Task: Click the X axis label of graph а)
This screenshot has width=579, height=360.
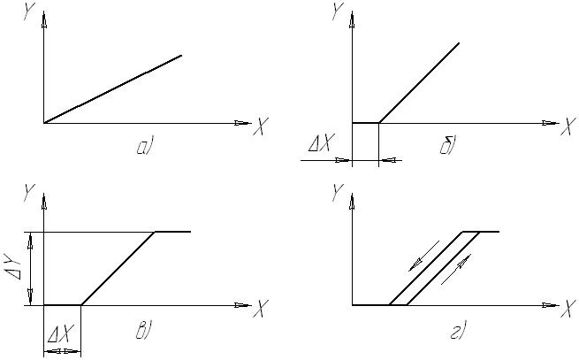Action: coord(259,129)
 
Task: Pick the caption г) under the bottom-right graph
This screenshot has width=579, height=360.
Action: coord(457,332)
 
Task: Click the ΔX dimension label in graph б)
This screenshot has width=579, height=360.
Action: coord(317,144)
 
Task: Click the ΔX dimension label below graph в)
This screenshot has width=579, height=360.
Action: coord(61,334)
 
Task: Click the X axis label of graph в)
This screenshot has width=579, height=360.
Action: coord(259,311)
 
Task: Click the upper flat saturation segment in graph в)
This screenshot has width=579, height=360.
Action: coord(173,232)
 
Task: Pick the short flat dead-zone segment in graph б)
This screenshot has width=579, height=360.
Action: coord(365,123)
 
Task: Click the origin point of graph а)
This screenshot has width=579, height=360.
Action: coord(43,123)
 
